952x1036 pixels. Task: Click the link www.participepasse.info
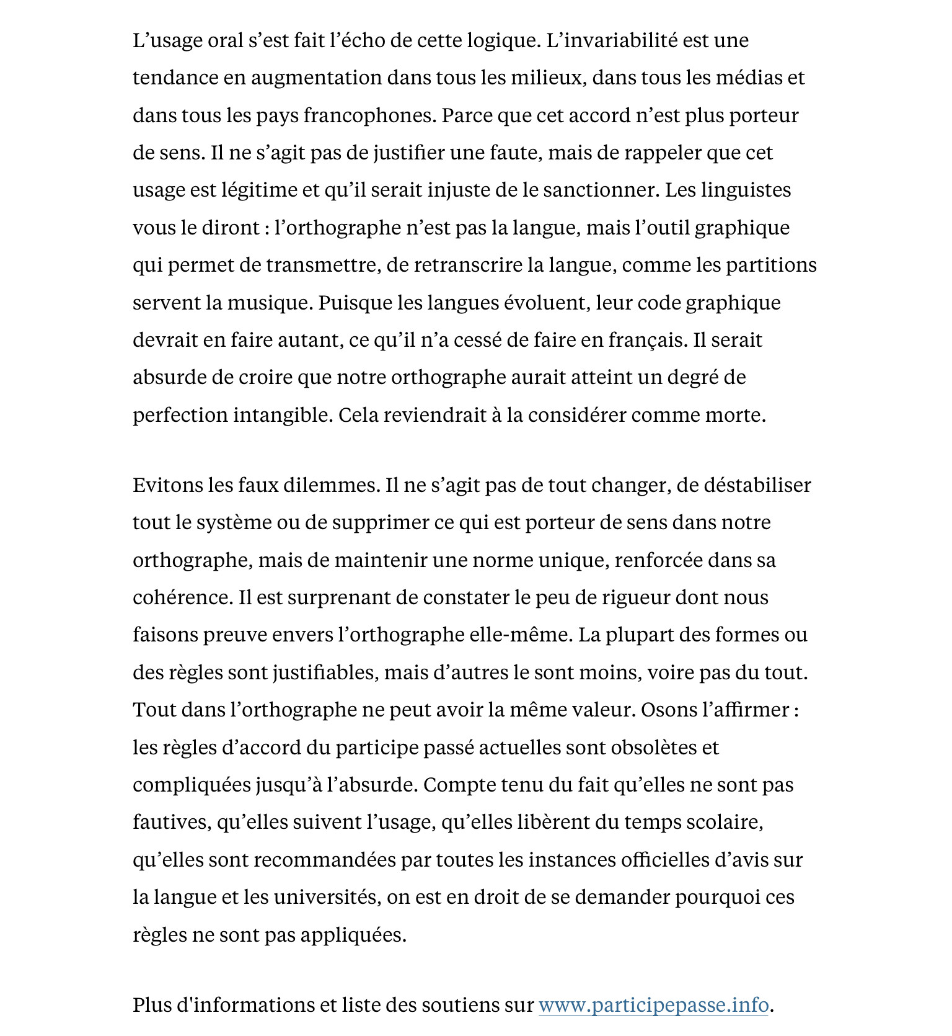pos(653,1004)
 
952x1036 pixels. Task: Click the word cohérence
pos(183,597)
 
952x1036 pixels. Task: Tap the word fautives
pos(171,822)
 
